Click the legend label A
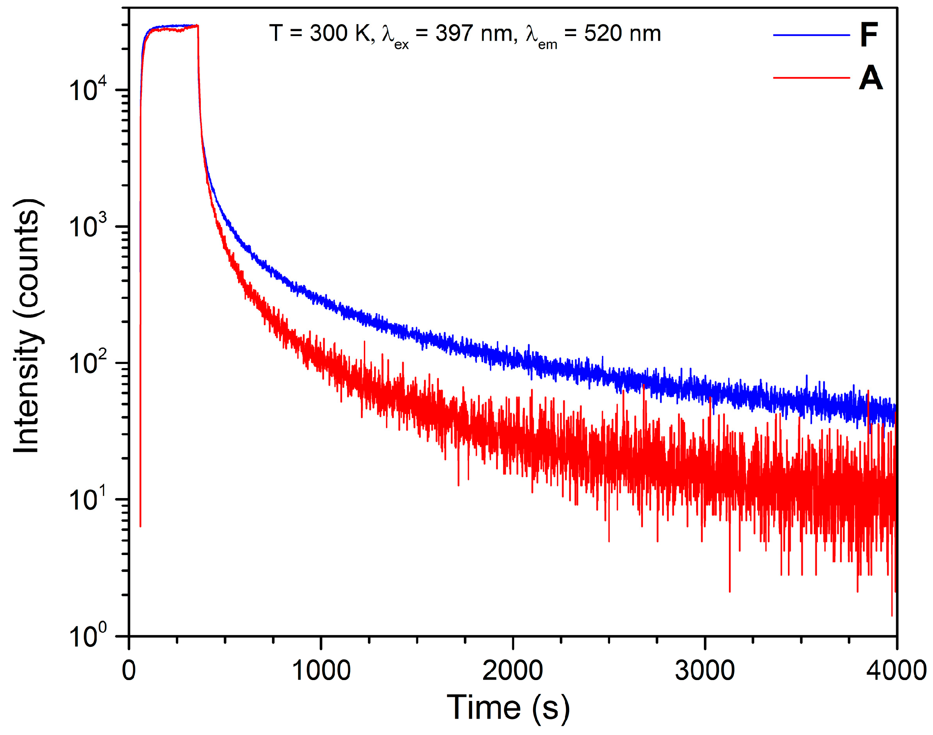[x=870, y=79]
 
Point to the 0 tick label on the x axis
[x=129, y=671]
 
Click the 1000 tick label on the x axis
[x=321, y=671]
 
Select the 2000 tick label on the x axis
[x=512, y=671]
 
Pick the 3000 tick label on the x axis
[x=705, y=671]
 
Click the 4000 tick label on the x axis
[x=896, y=671]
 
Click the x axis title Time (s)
[x=508, y=708]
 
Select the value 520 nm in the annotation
[x=622, y=34]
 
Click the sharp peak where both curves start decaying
[x=197, y=26]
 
